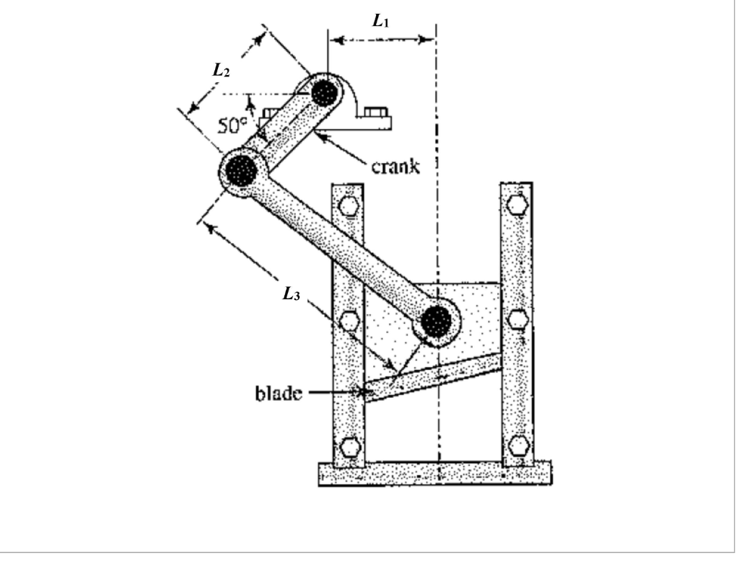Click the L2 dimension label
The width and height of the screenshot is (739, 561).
[221, 70]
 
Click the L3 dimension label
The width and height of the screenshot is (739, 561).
[291, 295]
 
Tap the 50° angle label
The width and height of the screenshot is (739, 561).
[232, 124]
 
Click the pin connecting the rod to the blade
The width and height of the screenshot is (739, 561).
[436, 322]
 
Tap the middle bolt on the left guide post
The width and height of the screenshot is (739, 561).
[348, 319]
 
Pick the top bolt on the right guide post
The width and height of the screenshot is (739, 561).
[517, 205]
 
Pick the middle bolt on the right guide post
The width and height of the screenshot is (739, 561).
[517, 319]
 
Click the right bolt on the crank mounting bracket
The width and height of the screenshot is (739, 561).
[375, 113]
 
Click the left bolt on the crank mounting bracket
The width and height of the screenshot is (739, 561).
[273, 113]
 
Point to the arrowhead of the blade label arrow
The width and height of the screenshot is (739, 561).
[362, 393]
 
